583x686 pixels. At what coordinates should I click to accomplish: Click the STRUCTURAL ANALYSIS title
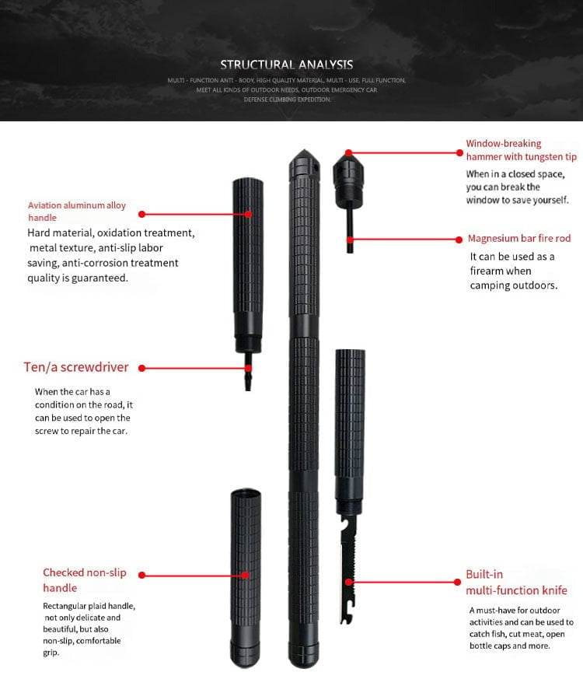286,65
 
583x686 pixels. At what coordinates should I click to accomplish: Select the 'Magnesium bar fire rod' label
518,239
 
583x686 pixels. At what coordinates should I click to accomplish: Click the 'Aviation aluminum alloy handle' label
77,212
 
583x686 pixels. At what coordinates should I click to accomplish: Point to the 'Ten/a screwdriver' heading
76,367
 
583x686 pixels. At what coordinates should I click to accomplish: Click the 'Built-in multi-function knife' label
516,583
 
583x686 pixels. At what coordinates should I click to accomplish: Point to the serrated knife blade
347,576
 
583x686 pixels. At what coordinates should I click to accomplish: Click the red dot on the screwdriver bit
248,368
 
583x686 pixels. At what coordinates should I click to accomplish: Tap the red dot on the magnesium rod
349,239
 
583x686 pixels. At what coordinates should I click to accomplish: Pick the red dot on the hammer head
349,153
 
